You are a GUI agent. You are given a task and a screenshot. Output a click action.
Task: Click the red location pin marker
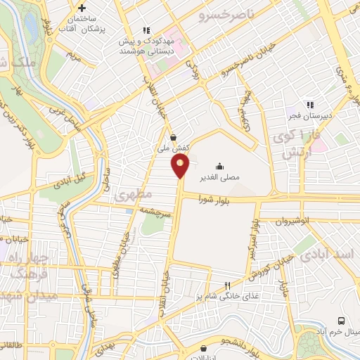click(x=180, y=166)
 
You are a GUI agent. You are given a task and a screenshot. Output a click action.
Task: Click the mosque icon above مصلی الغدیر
click(x=221, y=167)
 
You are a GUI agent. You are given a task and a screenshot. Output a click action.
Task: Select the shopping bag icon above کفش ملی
click(x=173, y=138)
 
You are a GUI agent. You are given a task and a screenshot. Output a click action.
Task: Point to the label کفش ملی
click(x=173, y=149)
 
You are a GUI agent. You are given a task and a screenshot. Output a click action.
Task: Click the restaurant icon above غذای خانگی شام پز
click(x=226, y=285)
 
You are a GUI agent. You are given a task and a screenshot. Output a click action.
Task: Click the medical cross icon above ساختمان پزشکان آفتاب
click(x=82, y=8)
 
